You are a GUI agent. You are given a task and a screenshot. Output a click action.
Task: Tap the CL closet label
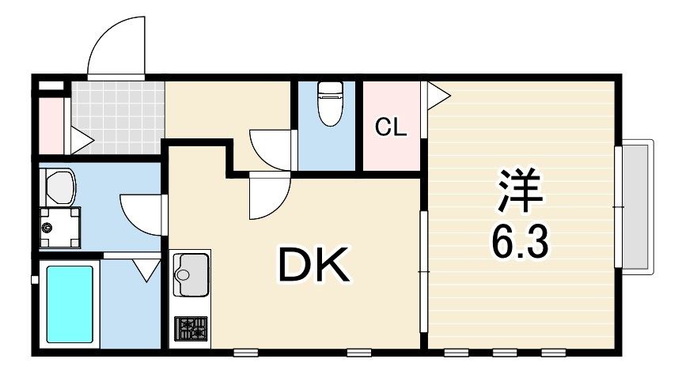click(390, 127)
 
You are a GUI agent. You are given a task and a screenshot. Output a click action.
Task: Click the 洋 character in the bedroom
click(521, 191)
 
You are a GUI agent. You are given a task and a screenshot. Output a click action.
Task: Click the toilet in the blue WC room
click(329, 104)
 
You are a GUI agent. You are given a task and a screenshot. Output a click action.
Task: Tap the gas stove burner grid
click(190, 327)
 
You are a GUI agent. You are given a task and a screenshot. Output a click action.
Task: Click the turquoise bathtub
click(70, 304)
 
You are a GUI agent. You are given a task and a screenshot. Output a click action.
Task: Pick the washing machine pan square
click(60, 227)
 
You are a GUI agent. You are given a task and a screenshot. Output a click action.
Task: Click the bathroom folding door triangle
click(146, 270)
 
